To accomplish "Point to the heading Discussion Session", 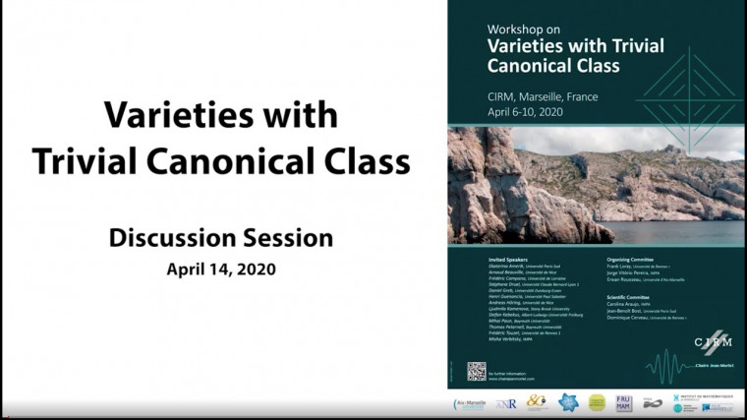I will coord(220,237).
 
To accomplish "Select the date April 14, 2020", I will coord(220,268).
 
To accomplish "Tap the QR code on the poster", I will coord(477,370).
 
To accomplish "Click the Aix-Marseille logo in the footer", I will coord(469,403).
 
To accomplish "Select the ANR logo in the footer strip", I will coord(507,403).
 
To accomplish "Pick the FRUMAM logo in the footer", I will coord(623,403).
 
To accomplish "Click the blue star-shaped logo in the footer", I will coord(567,403).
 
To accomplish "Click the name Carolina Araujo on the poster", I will coord(629,306).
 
